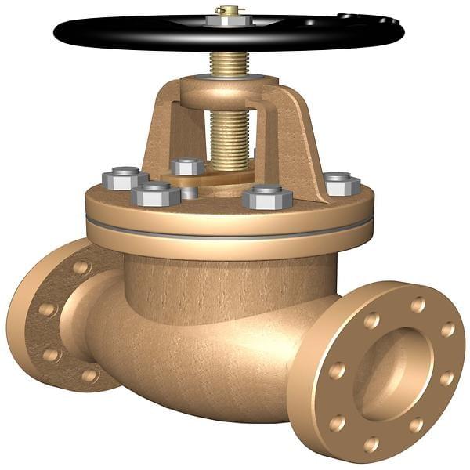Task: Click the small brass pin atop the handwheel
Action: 229,10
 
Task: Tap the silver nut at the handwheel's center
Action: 229,21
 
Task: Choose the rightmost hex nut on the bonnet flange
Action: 342,183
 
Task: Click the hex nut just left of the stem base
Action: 187,166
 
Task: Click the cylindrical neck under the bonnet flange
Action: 227,278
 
